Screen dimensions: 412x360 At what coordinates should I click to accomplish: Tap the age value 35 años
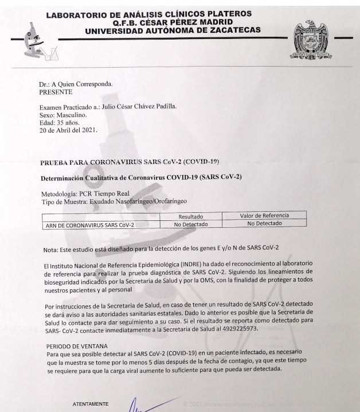tap(69, 122)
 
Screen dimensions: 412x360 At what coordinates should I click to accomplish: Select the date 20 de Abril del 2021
tap(68, 130)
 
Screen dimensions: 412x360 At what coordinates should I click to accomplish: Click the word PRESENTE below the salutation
tap(56, 91)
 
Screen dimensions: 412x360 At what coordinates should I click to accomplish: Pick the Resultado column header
tap(191, 216)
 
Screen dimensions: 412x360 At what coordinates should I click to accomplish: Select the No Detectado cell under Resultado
tap(191, 224)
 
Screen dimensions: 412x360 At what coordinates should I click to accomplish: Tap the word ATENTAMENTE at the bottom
tap(90, 403)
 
